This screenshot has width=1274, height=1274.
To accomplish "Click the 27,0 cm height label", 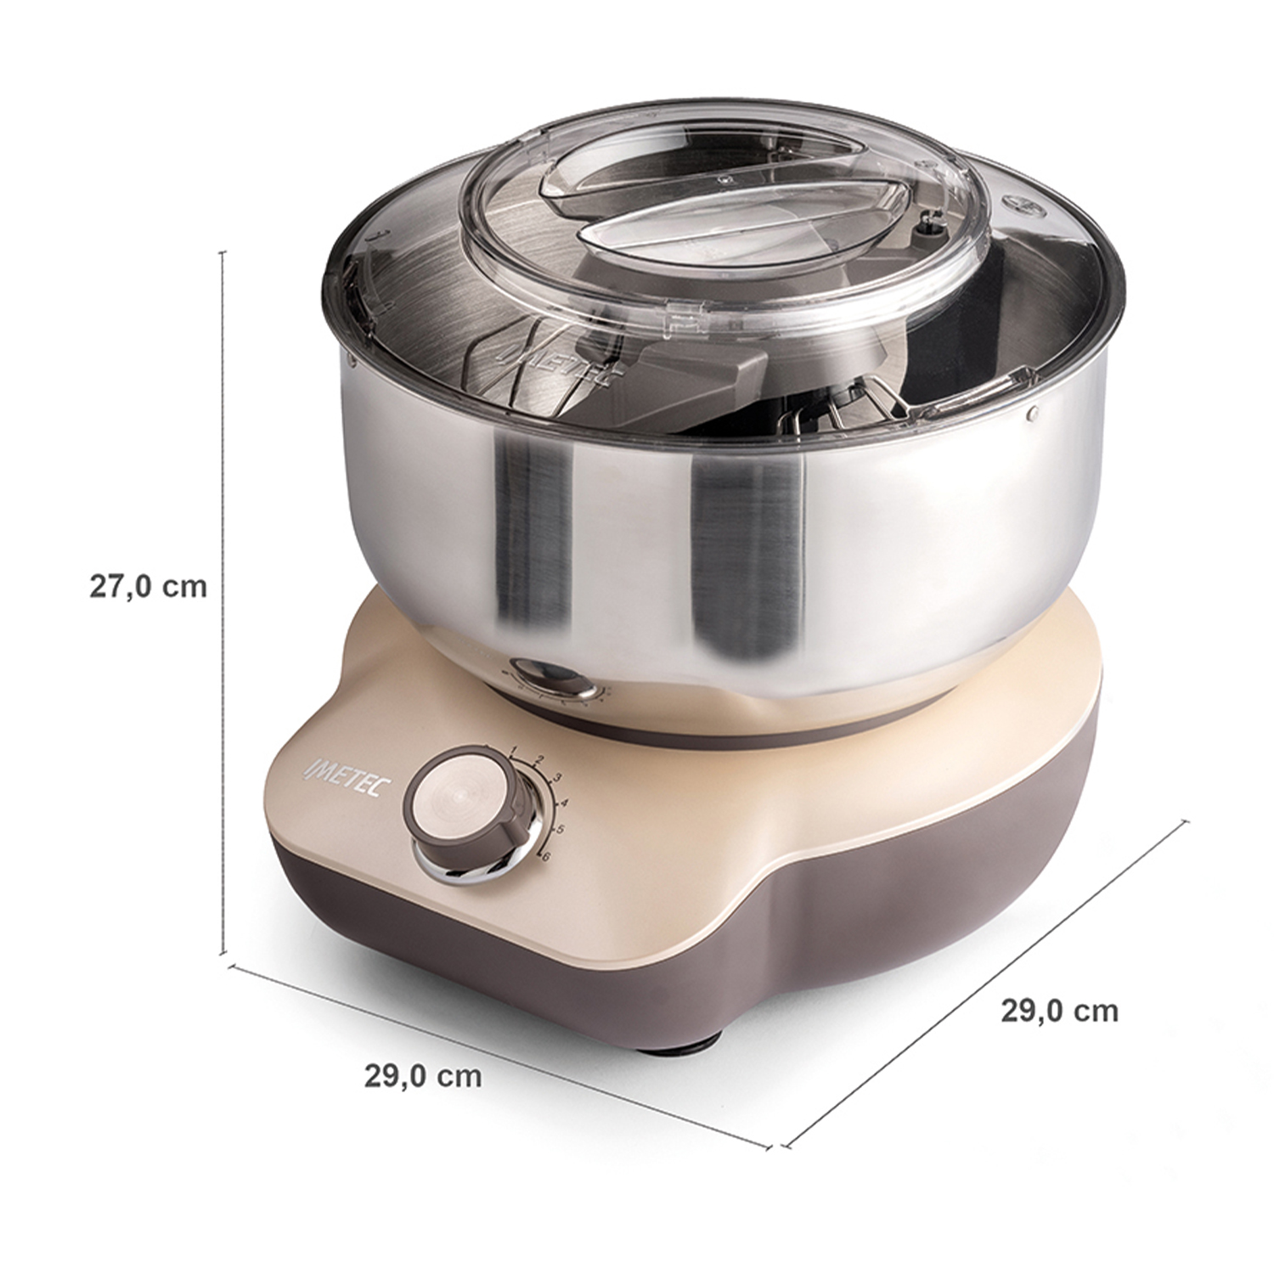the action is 149,586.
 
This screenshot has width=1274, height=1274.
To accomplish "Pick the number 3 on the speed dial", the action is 557,778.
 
